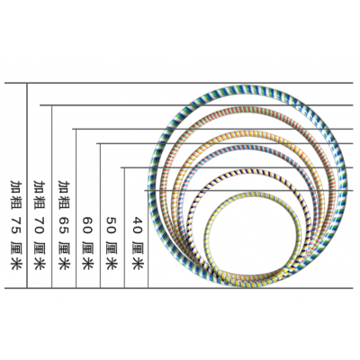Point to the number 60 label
point(88,226)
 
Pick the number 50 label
point(112,226)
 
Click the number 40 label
point(137,226)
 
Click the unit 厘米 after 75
point(15,255)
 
